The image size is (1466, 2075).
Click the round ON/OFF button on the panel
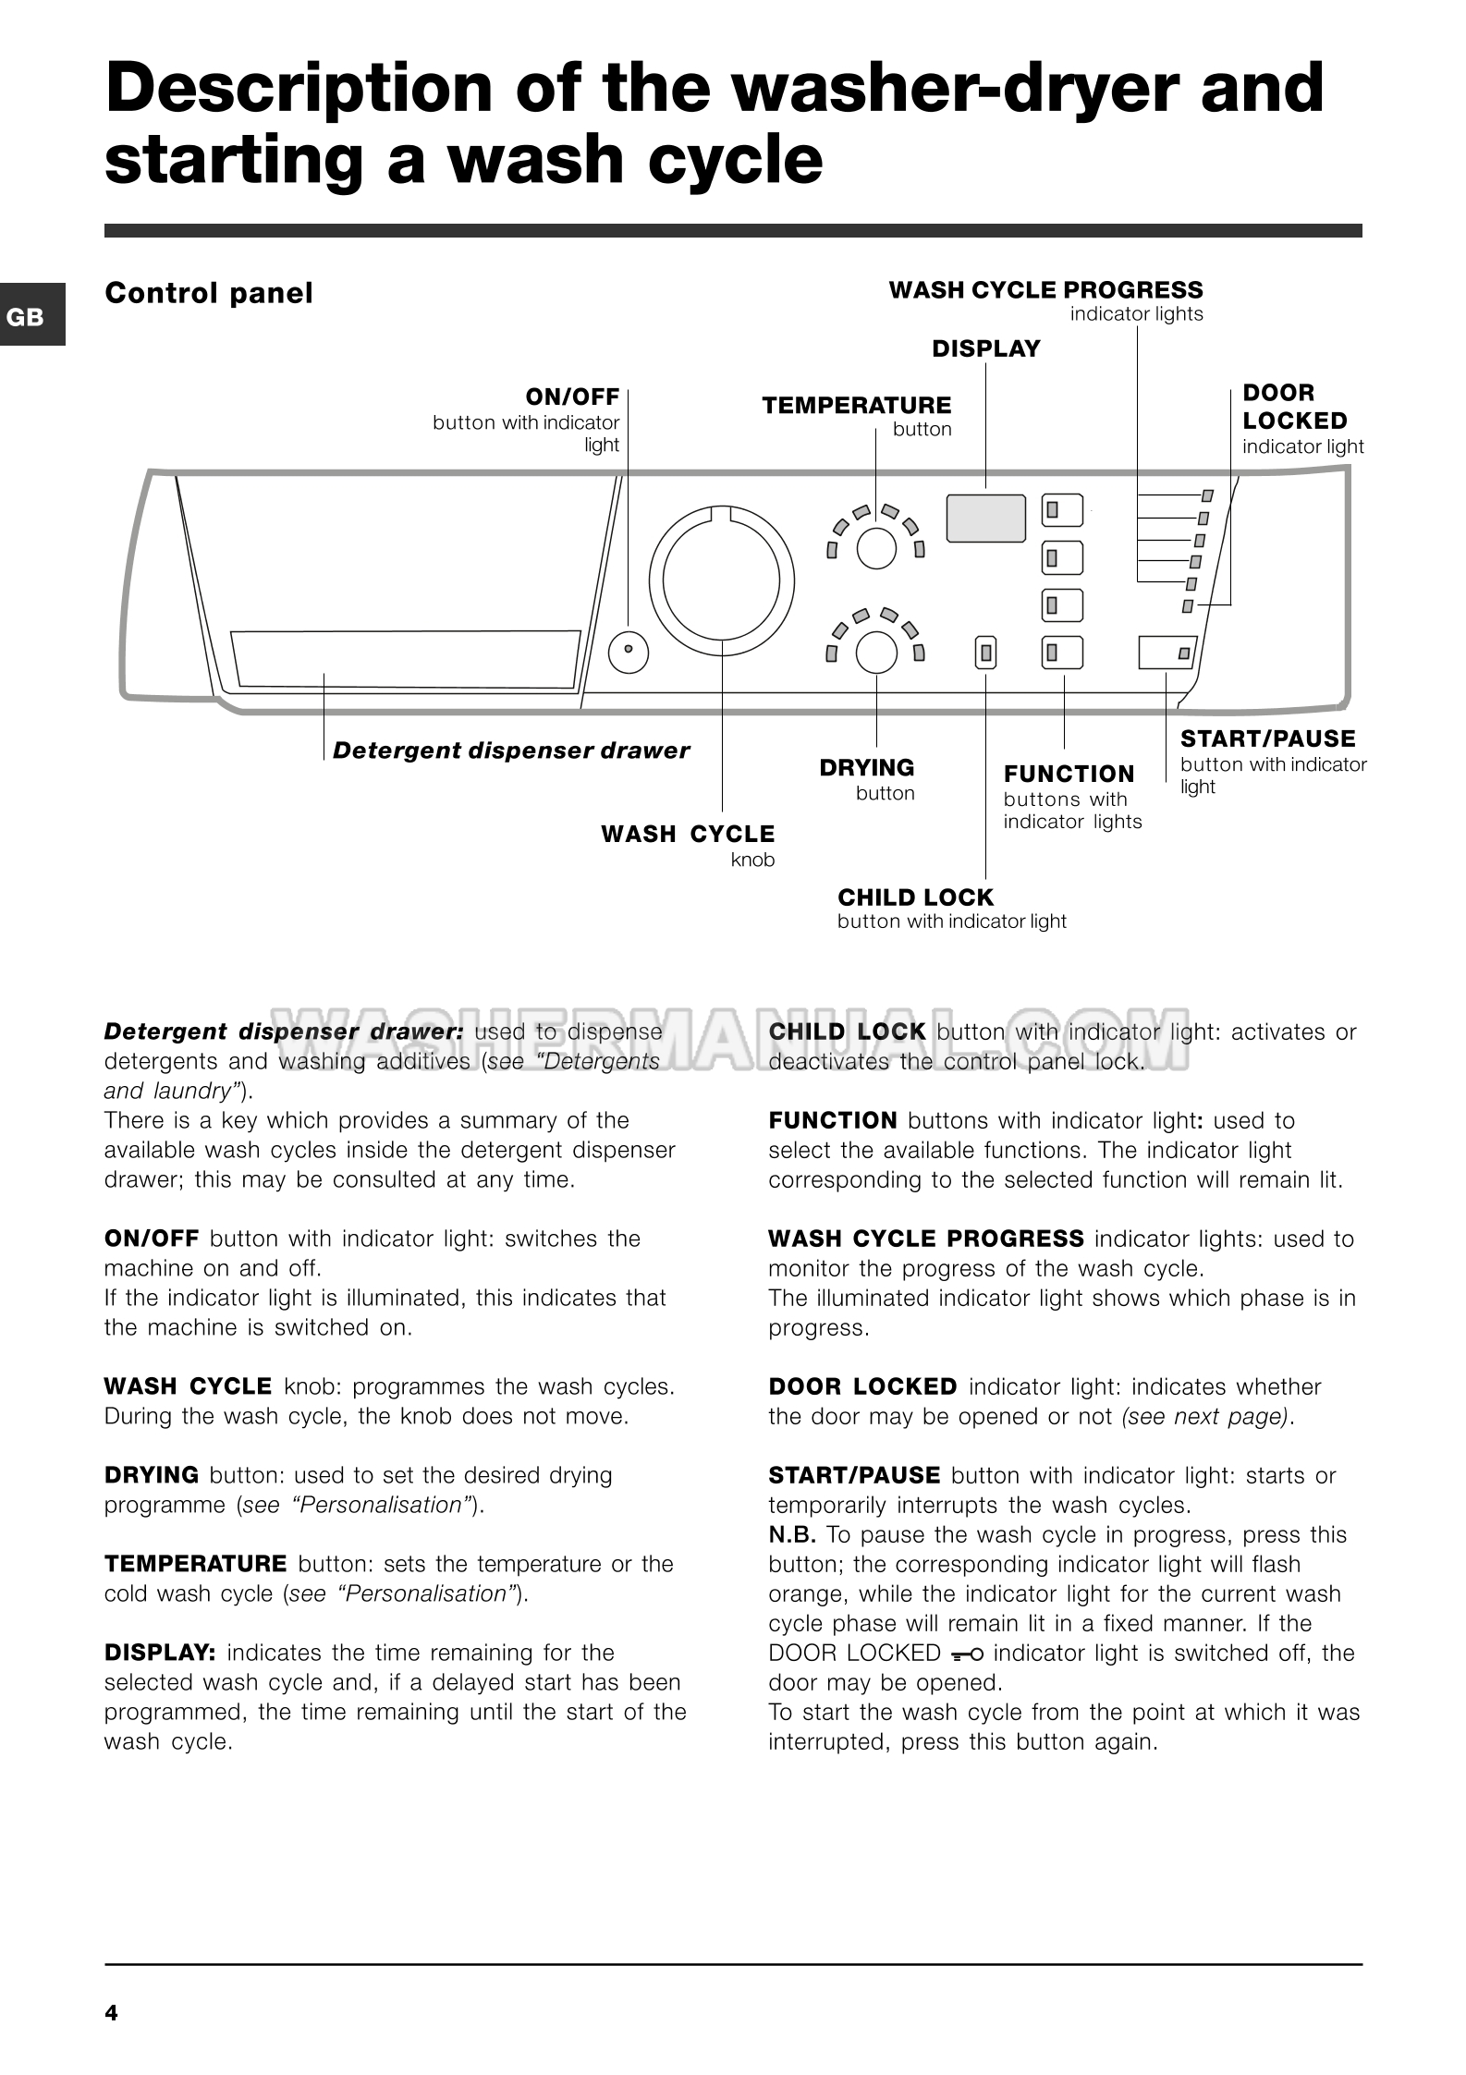[x=629, y=650]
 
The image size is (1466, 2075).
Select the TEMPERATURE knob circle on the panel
[x=876, y=548]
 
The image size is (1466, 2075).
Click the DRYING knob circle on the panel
[x=876, y=653]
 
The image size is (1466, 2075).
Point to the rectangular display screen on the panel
[x=985, y=519]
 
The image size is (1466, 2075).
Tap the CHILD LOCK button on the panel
[x=986, y=653]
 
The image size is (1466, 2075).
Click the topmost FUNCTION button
[x=1062, y=509]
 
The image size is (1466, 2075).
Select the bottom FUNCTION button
[x=1062, y=653]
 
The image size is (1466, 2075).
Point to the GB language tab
[x=26, y=317]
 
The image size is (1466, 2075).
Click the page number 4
[x=112, y=2012]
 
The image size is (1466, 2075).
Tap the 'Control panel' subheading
[x=209, y=293]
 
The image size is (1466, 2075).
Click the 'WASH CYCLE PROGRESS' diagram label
[x=1045, y=290]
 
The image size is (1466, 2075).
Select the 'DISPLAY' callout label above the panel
[x=985, y=349]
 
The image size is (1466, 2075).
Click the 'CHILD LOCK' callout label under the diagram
[x=915, y=897]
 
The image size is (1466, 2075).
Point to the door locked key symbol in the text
[x=966, y=1654]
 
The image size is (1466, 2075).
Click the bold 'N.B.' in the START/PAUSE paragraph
[x=792, y=1535]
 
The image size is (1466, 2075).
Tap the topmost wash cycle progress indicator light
[x=1206, y=496]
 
